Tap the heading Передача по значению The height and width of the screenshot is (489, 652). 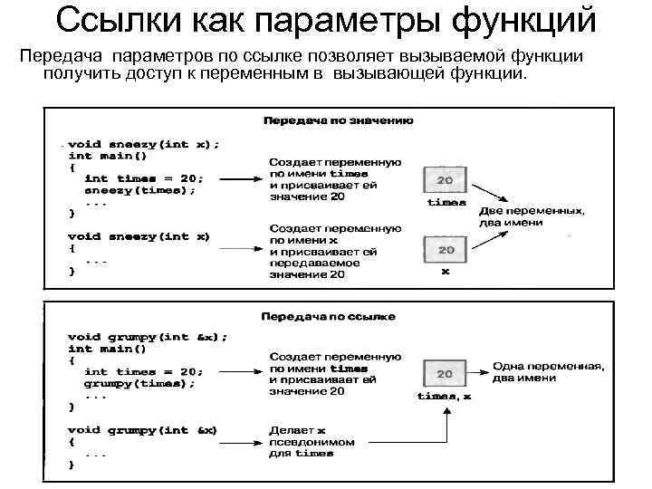(338, 120)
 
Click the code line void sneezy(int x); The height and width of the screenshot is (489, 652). (143, 143)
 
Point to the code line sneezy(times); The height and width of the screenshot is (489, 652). (139, 190)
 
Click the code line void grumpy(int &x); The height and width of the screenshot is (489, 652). (148, 336)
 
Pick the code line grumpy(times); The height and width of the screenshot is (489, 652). (139, 383)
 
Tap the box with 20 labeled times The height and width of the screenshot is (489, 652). (446, 180)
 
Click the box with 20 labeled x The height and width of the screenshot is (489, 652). (446, 248)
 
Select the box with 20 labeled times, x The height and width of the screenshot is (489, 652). (445, 373)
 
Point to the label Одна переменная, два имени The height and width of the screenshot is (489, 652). (549, 372)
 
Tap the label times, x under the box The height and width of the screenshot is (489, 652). (444, 396)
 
